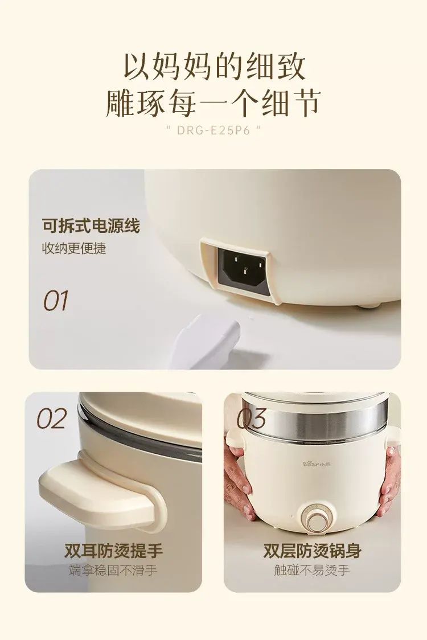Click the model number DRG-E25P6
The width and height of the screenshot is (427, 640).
click(213, 130)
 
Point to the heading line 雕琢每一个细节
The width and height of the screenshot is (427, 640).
click(213, 103)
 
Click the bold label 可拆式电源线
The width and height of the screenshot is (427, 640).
click(91, 225)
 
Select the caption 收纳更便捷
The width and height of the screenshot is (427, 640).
click(74, 248)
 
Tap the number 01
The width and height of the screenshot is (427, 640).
click(56, 301)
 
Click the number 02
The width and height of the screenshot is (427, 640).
click(52, 419)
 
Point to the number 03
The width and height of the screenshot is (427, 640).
click(252, 419)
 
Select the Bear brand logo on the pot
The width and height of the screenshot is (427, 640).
click(316, 464)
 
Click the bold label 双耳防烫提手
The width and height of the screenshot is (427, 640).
click(113, 551)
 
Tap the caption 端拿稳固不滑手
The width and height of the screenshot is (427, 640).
click(113, 570)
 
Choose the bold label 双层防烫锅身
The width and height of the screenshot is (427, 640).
click(313, 551)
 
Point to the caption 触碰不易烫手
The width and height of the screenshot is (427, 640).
click(313, 570)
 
